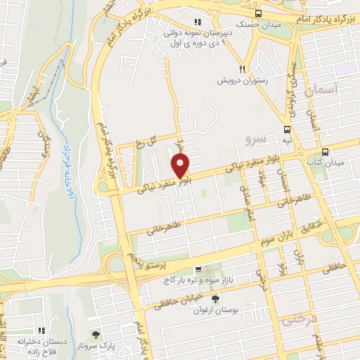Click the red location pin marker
click(x=181, y=166)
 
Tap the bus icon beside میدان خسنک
click(x=259, y=13)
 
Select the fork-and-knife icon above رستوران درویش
click(x=242, y=69)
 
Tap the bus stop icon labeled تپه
click(x=287, y=129)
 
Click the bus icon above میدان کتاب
click(x=325, y=151)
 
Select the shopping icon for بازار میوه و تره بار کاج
click(x=199, y=269)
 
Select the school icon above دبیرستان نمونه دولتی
click(x=197, y=22)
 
